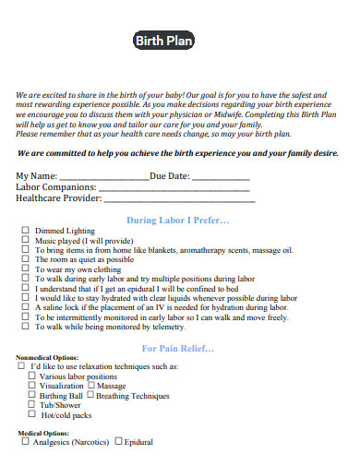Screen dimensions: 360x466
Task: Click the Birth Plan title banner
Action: tap(165, 41)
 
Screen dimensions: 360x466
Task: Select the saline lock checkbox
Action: tap(25, 307)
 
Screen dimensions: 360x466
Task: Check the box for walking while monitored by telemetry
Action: tap(25, 327)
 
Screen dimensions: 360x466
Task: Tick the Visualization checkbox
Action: tap(32, 386)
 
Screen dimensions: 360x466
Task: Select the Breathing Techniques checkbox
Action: tap(90, 395)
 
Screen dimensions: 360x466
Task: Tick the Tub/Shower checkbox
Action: tap(32, 404)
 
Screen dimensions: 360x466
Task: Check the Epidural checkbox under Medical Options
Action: tap(117, 441)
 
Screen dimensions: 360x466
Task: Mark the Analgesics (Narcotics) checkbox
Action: tap(25, 441)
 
